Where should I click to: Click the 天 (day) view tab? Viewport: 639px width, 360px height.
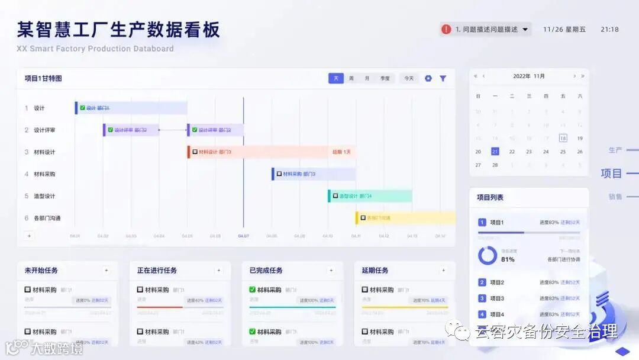335,78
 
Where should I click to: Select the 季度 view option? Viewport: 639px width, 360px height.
385,78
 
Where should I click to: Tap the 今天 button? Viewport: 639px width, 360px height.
409,78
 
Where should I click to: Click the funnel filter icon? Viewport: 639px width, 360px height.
443,78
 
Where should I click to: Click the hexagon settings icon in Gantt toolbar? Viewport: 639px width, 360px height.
428,78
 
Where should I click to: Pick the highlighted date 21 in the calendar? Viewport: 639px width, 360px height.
495,152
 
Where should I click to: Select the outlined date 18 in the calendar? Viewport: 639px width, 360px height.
563,138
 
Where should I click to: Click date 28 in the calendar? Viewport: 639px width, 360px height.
495,165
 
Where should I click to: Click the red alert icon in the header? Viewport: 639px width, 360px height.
446,29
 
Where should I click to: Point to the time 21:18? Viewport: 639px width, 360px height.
609,29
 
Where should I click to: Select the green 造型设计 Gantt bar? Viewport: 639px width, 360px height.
370,196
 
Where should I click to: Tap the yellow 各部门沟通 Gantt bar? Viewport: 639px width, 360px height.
405,218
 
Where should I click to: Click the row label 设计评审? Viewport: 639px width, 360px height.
44,130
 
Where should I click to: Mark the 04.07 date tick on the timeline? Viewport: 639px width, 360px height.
243,236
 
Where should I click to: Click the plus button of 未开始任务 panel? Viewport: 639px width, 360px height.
106,271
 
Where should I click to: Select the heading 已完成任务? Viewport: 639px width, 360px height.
266,271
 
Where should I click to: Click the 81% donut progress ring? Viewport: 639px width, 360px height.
488,255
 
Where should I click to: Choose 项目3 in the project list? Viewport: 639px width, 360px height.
497,298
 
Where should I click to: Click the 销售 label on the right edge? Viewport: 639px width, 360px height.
615,197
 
